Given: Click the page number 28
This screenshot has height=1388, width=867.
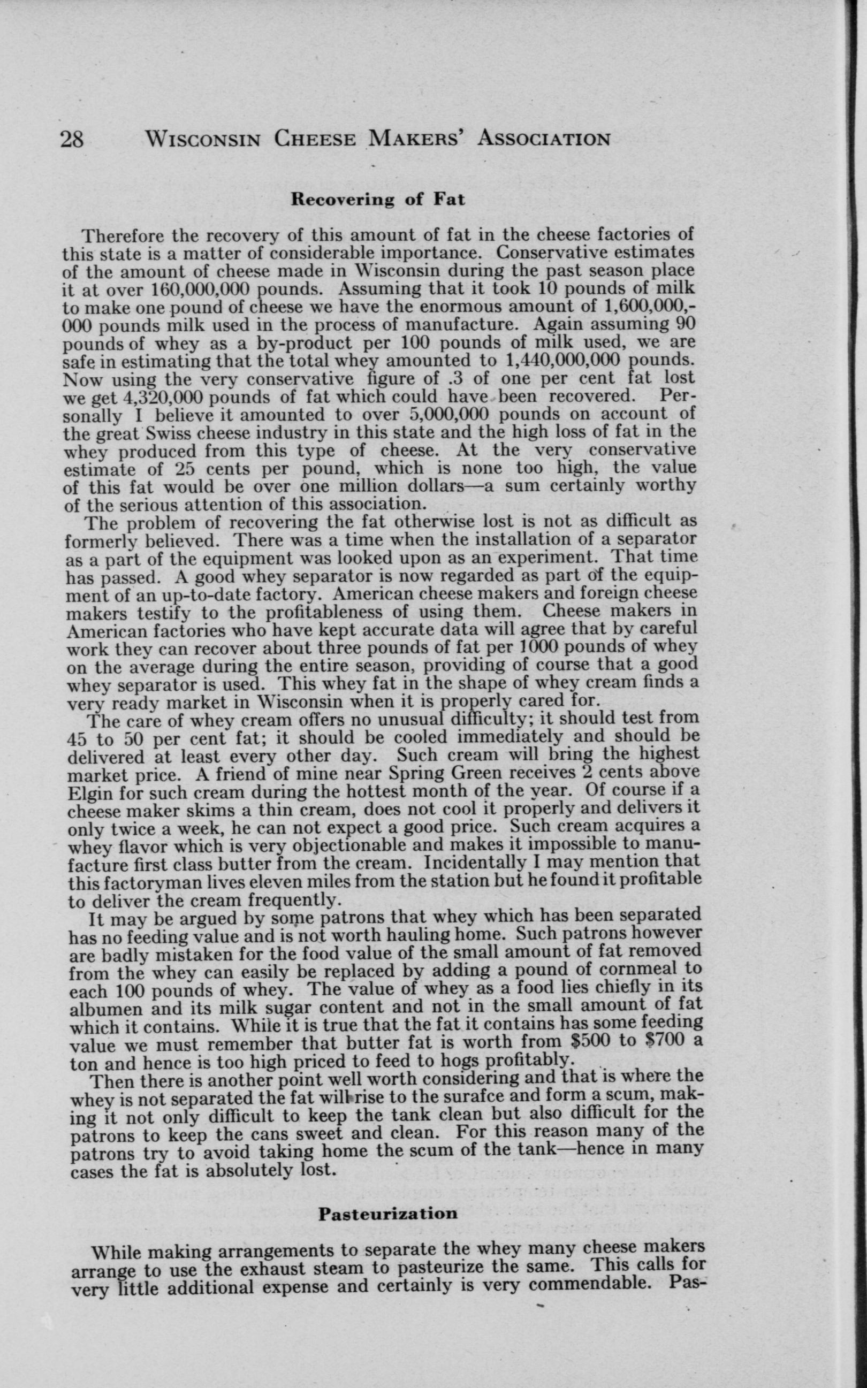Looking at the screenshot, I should (72, 139).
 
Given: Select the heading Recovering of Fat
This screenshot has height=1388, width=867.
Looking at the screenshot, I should (378, 200).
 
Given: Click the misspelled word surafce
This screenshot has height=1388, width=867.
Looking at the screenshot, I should (480, 1096).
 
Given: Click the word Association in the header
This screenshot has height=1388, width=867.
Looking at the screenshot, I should (544, 139).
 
